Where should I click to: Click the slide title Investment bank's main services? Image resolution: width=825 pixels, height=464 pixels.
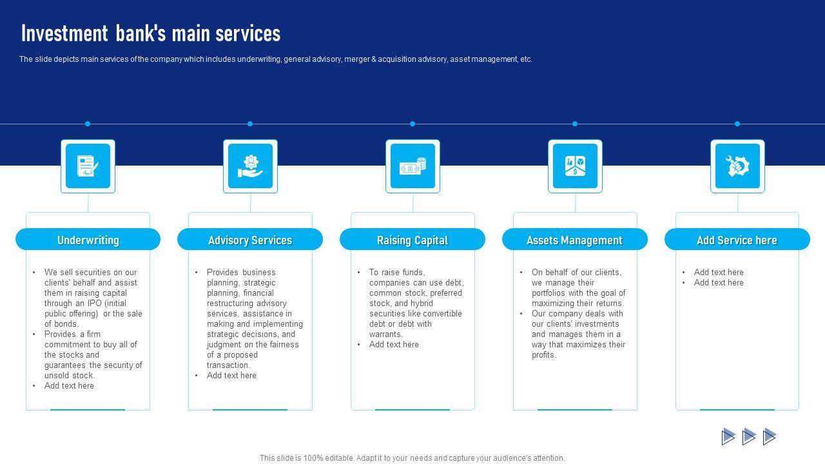point(151,34)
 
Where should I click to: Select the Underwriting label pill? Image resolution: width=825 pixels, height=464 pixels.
point(88,240)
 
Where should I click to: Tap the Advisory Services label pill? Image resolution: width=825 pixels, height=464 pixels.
point(250,240)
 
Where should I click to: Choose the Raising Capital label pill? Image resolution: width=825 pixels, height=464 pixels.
point(412,240)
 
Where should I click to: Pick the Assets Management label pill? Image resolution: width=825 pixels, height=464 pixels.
point(574,240)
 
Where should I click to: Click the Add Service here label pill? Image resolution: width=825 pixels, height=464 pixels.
point(737,240)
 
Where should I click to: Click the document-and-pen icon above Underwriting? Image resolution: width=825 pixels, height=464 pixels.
point(88,166)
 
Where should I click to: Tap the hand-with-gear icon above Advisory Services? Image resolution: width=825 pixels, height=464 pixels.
point(250,166)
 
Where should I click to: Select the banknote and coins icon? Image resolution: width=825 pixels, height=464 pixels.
point(412,166)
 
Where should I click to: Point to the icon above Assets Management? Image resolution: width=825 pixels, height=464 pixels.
point(575,166)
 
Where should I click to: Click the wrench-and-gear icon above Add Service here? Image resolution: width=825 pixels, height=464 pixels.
point(737,166)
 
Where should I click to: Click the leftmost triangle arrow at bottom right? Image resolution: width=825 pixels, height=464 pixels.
point(728,436)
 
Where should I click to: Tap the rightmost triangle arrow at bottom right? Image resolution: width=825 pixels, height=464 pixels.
point(770,436)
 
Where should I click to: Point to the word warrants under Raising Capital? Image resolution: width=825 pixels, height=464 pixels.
point(385,334)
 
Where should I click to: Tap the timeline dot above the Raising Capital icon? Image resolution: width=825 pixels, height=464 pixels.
point(412,124)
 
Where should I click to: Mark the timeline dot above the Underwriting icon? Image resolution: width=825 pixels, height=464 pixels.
point(88,124)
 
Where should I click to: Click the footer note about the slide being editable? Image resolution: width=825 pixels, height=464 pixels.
point(412,458)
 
